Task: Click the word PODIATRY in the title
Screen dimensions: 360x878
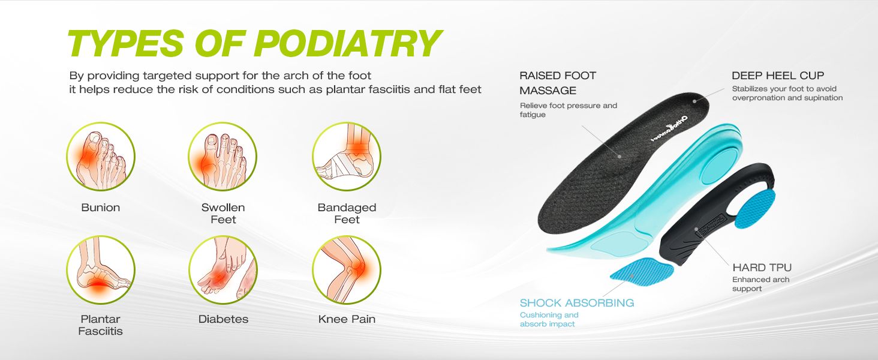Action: (348, 43)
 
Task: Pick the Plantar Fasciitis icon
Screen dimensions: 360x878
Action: (101, 270)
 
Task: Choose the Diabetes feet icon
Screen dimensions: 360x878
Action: (223, 270)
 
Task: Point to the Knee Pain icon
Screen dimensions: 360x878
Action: (347, 270)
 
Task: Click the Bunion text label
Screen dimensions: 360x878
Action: (101, 208)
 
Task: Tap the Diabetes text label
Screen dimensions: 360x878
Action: (223, 319)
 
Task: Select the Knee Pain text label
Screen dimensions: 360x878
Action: (347, 319)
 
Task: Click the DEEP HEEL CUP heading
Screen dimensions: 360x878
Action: (778, 76)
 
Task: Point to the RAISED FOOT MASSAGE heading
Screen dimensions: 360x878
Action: (557, 83)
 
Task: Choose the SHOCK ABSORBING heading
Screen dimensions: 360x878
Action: (576, 303)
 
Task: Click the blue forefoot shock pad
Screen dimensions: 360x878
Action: (641, 270)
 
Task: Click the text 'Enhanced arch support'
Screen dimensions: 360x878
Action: (760, 284)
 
